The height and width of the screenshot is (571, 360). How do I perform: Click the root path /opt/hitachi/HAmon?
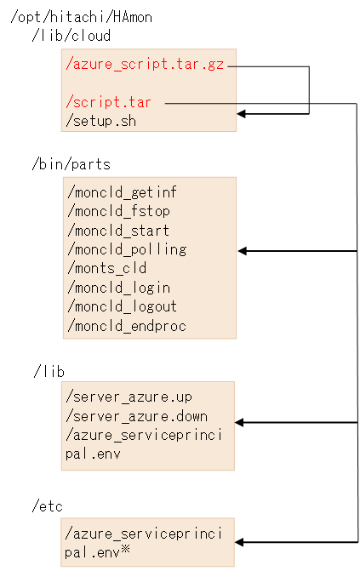[81, 17]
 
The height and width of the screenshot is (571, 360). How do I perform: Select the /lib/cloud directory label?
[71, 36]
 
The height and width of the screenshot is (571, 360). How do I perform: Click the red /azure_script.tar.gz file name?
[146, 64]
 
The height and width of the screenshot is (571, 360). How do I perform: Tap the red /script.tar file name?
[109, 102]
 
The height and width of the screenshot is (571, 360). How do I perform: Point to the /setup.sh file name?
[100, 121]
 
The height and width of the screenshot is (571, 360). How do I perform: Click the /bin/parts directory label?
[71, 163]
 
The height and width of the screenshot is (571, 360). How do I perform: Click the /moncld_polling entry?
[125, 249]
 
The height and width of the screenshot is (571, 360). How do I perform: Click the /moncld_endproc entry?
[125, 326]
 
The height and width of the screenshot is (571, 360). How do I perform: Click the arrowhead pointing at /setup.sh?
[243, 112]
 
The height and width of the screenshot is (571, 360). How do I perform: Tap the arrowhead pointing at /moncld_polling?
[243, 251]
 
